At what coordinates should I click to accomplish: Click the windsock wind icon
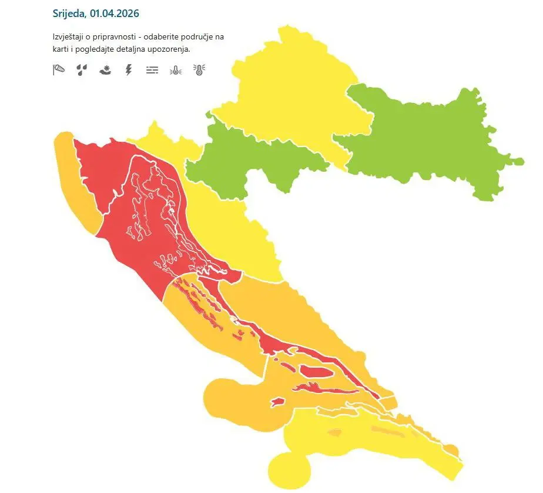[58, 71]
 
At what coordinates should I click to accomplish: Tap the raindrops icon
[81, 71]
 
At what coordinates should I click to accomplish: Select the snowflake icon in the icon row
[105, 71]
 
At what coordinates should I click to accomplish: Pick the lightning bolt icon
[129, 71]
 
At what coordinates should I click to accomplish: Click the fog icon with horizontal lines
[152, 71]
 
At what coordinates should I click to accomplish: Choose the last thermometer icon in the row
[199, 71]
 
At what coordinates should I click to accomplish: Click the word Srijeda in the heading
[69, 13]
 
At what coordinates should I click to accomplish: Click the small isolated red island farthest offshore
[277, 402]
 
